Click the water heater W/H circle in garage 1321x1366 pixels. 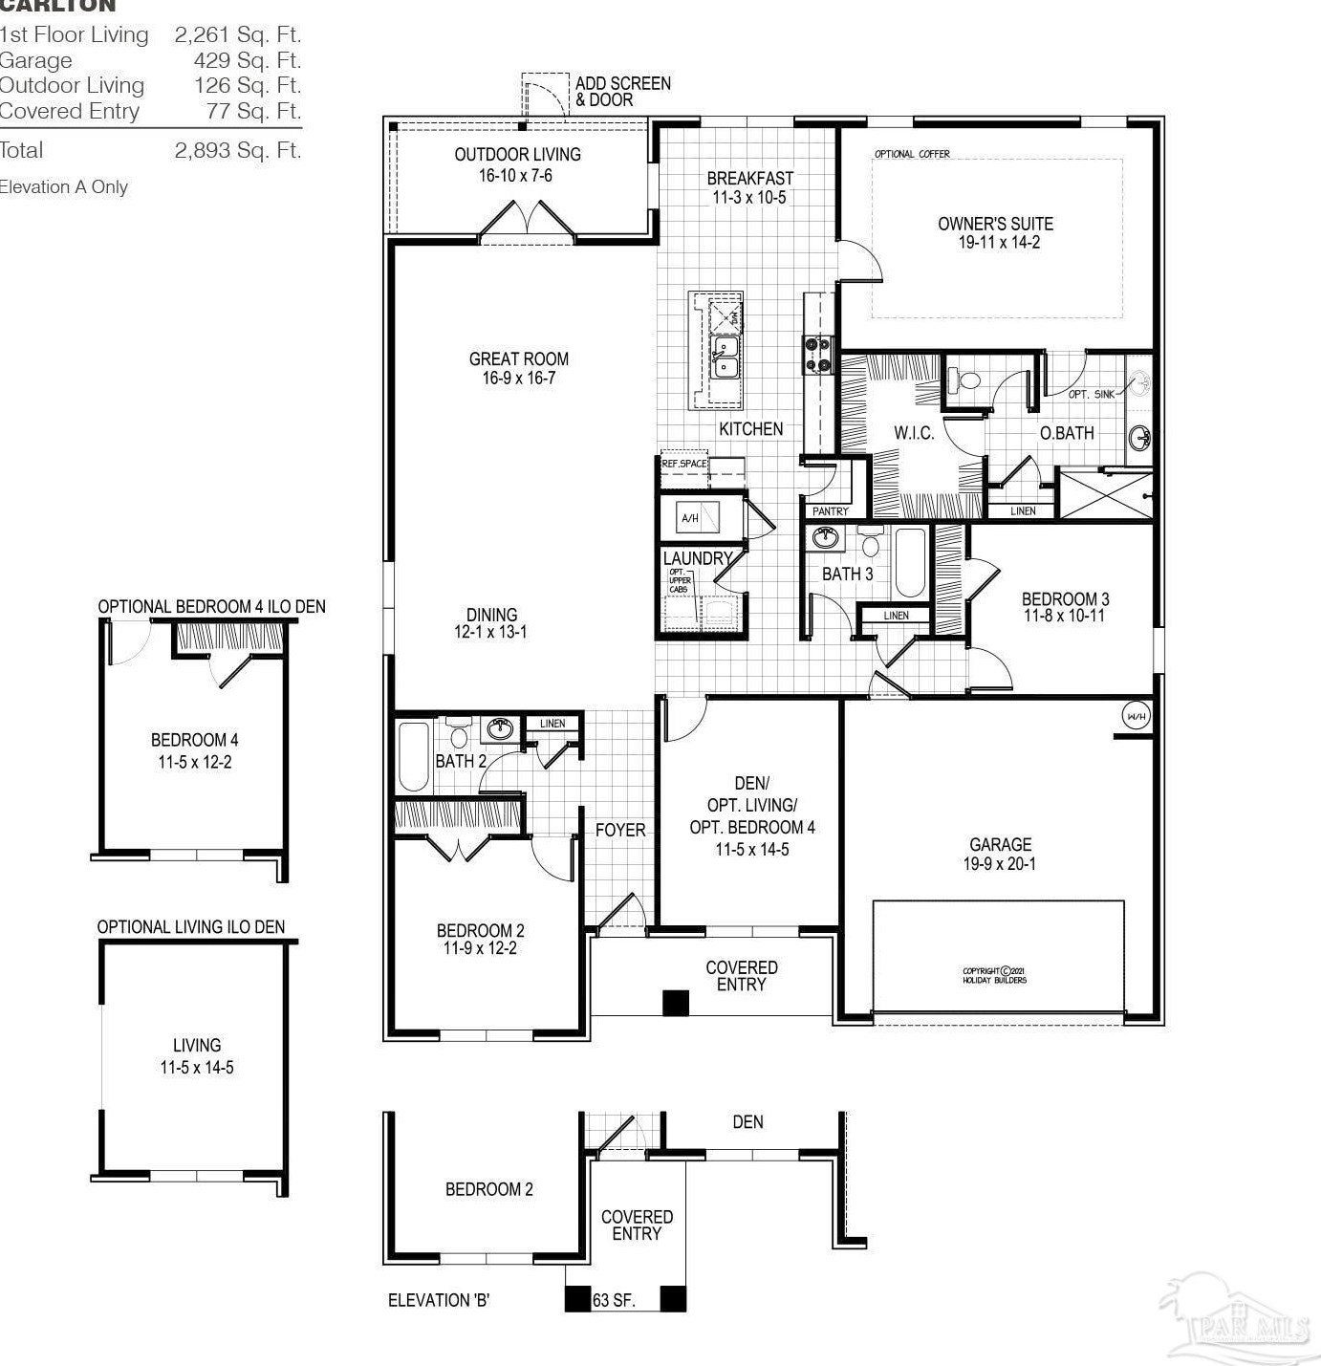(x=1136, y=716)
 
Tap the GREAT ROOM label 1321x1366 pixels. (x=519, y=359)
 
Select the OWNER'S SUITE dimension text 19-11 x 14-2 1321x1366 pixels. (x=999, y=243)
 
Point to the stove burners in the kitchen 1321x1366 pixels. (x=816, y=354)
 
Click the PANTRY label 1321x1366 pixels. (x=830, y=511)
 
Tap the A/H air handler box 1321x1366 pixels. (x=689, y=518)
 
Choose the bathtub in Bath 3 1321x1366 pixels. (x=909, y=562)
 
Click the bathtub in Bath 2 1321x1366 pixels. (x=414, y=756)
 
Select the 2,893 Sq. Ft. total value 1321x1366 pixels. (x=237, y=150)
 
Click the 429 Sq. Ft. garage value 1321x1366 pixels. (x=247, y=60)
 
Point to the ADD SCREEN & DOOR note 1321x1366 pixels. (x=622, y=91)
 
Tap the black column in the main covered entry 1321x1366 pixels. (x=676, y=1002)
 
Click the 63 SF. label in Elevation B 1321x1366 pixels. (x=614, y=1300)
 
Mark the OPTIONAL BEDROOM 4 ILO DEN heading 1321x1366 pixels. (x=211, y=607)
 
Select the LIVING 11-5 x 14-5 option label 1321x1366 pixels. (x=197, y=1056)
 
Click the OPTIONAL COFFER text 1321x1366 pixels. (x=912, y=154)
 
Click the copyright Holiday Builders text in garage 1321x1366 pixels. (x=994, y=975)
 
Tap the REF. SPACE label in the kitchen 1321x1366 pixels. (x=684, y=464)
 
